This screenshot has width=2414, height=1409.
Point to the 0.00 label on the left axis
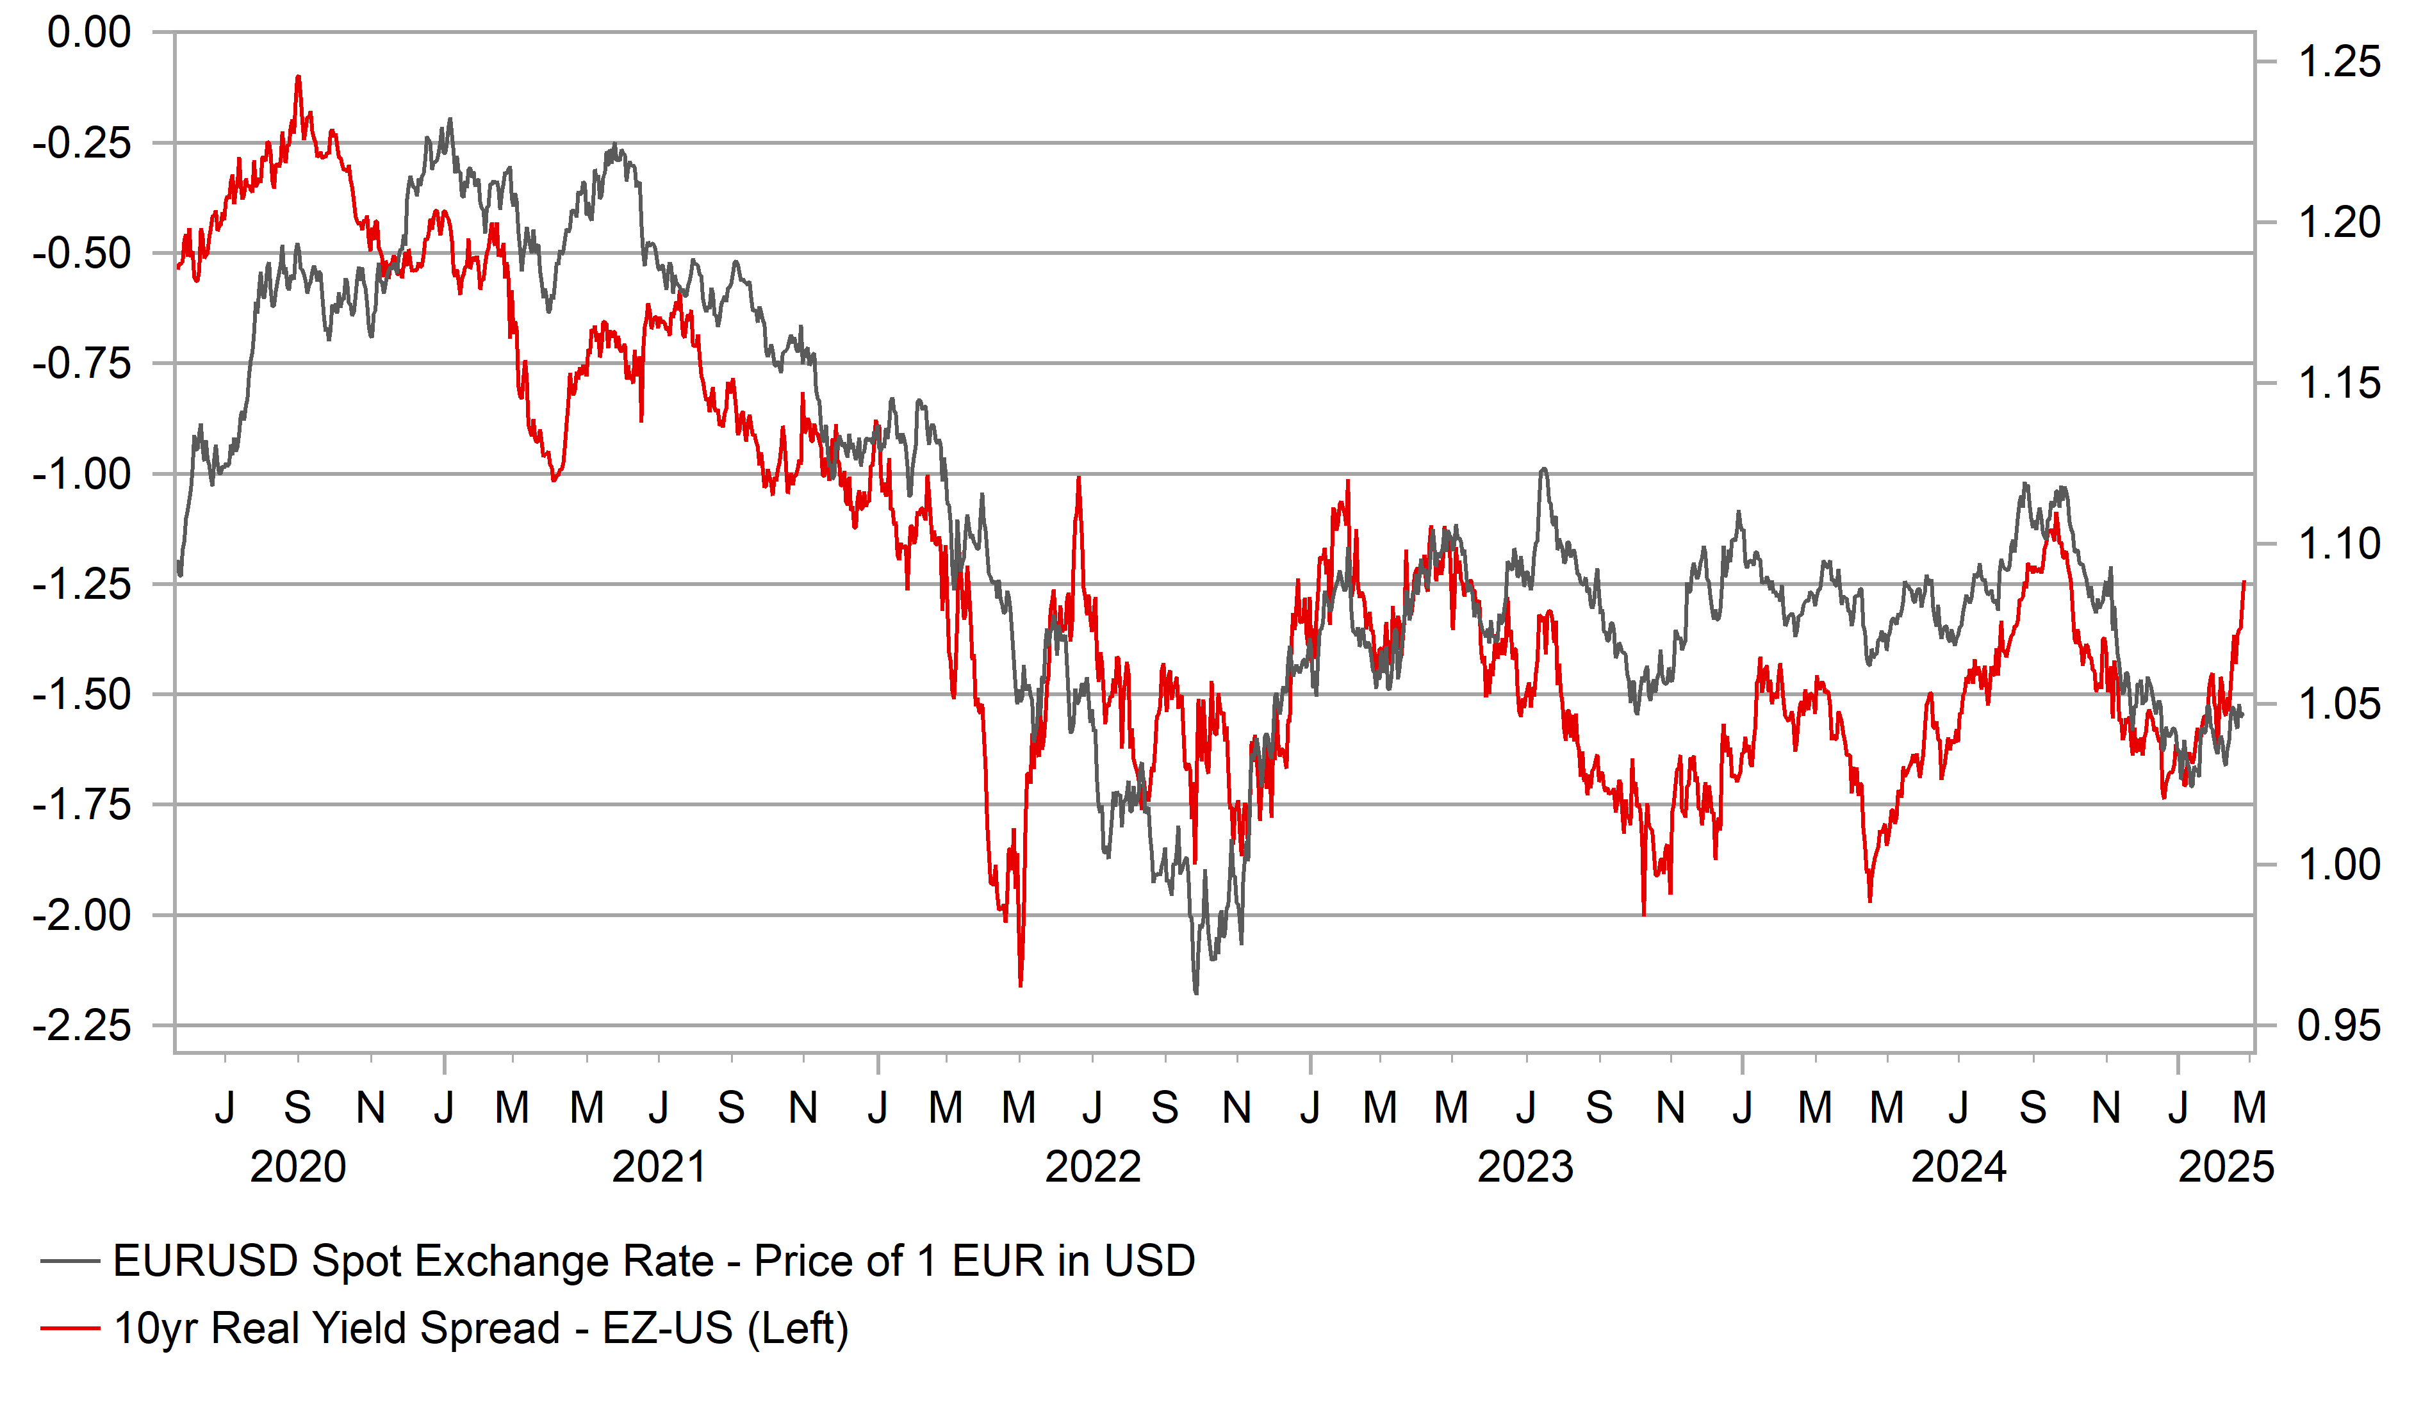(89, 33)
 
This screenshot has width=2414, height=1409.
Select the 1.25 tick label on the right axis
(2338, 62)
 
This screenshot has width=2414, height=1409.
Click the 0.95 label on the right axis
(2338, 1026)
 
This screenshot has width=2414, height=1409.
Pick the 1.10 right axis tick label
(2338, 544)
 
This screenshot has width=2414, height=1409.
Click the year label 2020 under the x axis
(298, 1167)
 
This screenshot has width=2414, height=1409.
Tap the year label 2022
(1092, 1167)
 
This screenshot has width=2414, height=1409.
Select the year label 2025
(2225, 1167)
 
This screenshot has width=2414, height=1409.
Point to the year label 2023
(1525, 1167)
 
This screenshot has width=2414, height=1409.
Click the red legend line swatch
(70, 1328)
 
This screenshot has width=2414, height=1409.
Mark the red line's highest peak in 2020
(298, 77)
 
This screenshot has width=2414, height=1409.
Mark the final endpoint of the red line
(2244, 582)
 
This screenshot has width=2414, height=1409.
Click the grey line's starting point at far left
(179, 574)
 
